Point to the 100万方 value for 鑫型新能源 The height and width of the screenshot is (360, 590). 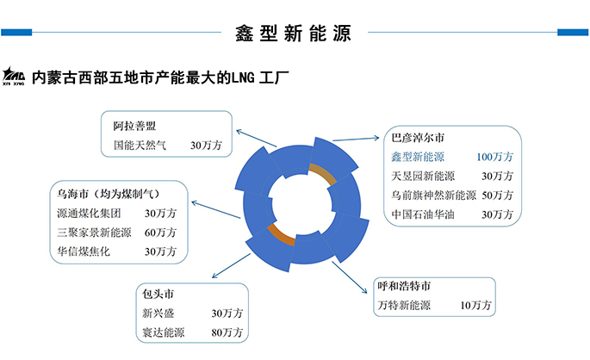pyautogui.click(x=494, y=157)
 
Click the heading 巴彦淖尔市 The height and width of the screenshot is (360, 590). pyautogui.click(x=419, y=138)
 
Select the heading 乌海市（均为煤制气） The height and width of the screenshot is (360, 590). pyautogui.click(x=107, y=192)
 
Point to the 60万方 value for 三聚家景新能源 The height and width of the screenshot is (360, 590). pyautogui.click(x=161, y=233)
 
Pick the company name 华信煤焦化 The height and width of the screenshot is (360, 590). pyautogui.click(x=84, y=251)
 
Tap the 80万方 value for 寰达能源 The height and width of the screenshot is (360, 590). pyautogui.click(x=227, y=331)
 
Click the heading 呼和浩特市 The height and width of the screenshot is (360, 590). pyautogui.click(x=405, y=285)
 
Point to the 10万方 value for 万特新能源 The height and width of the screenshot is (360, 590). pyautogui.click(x=475, y=305)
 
